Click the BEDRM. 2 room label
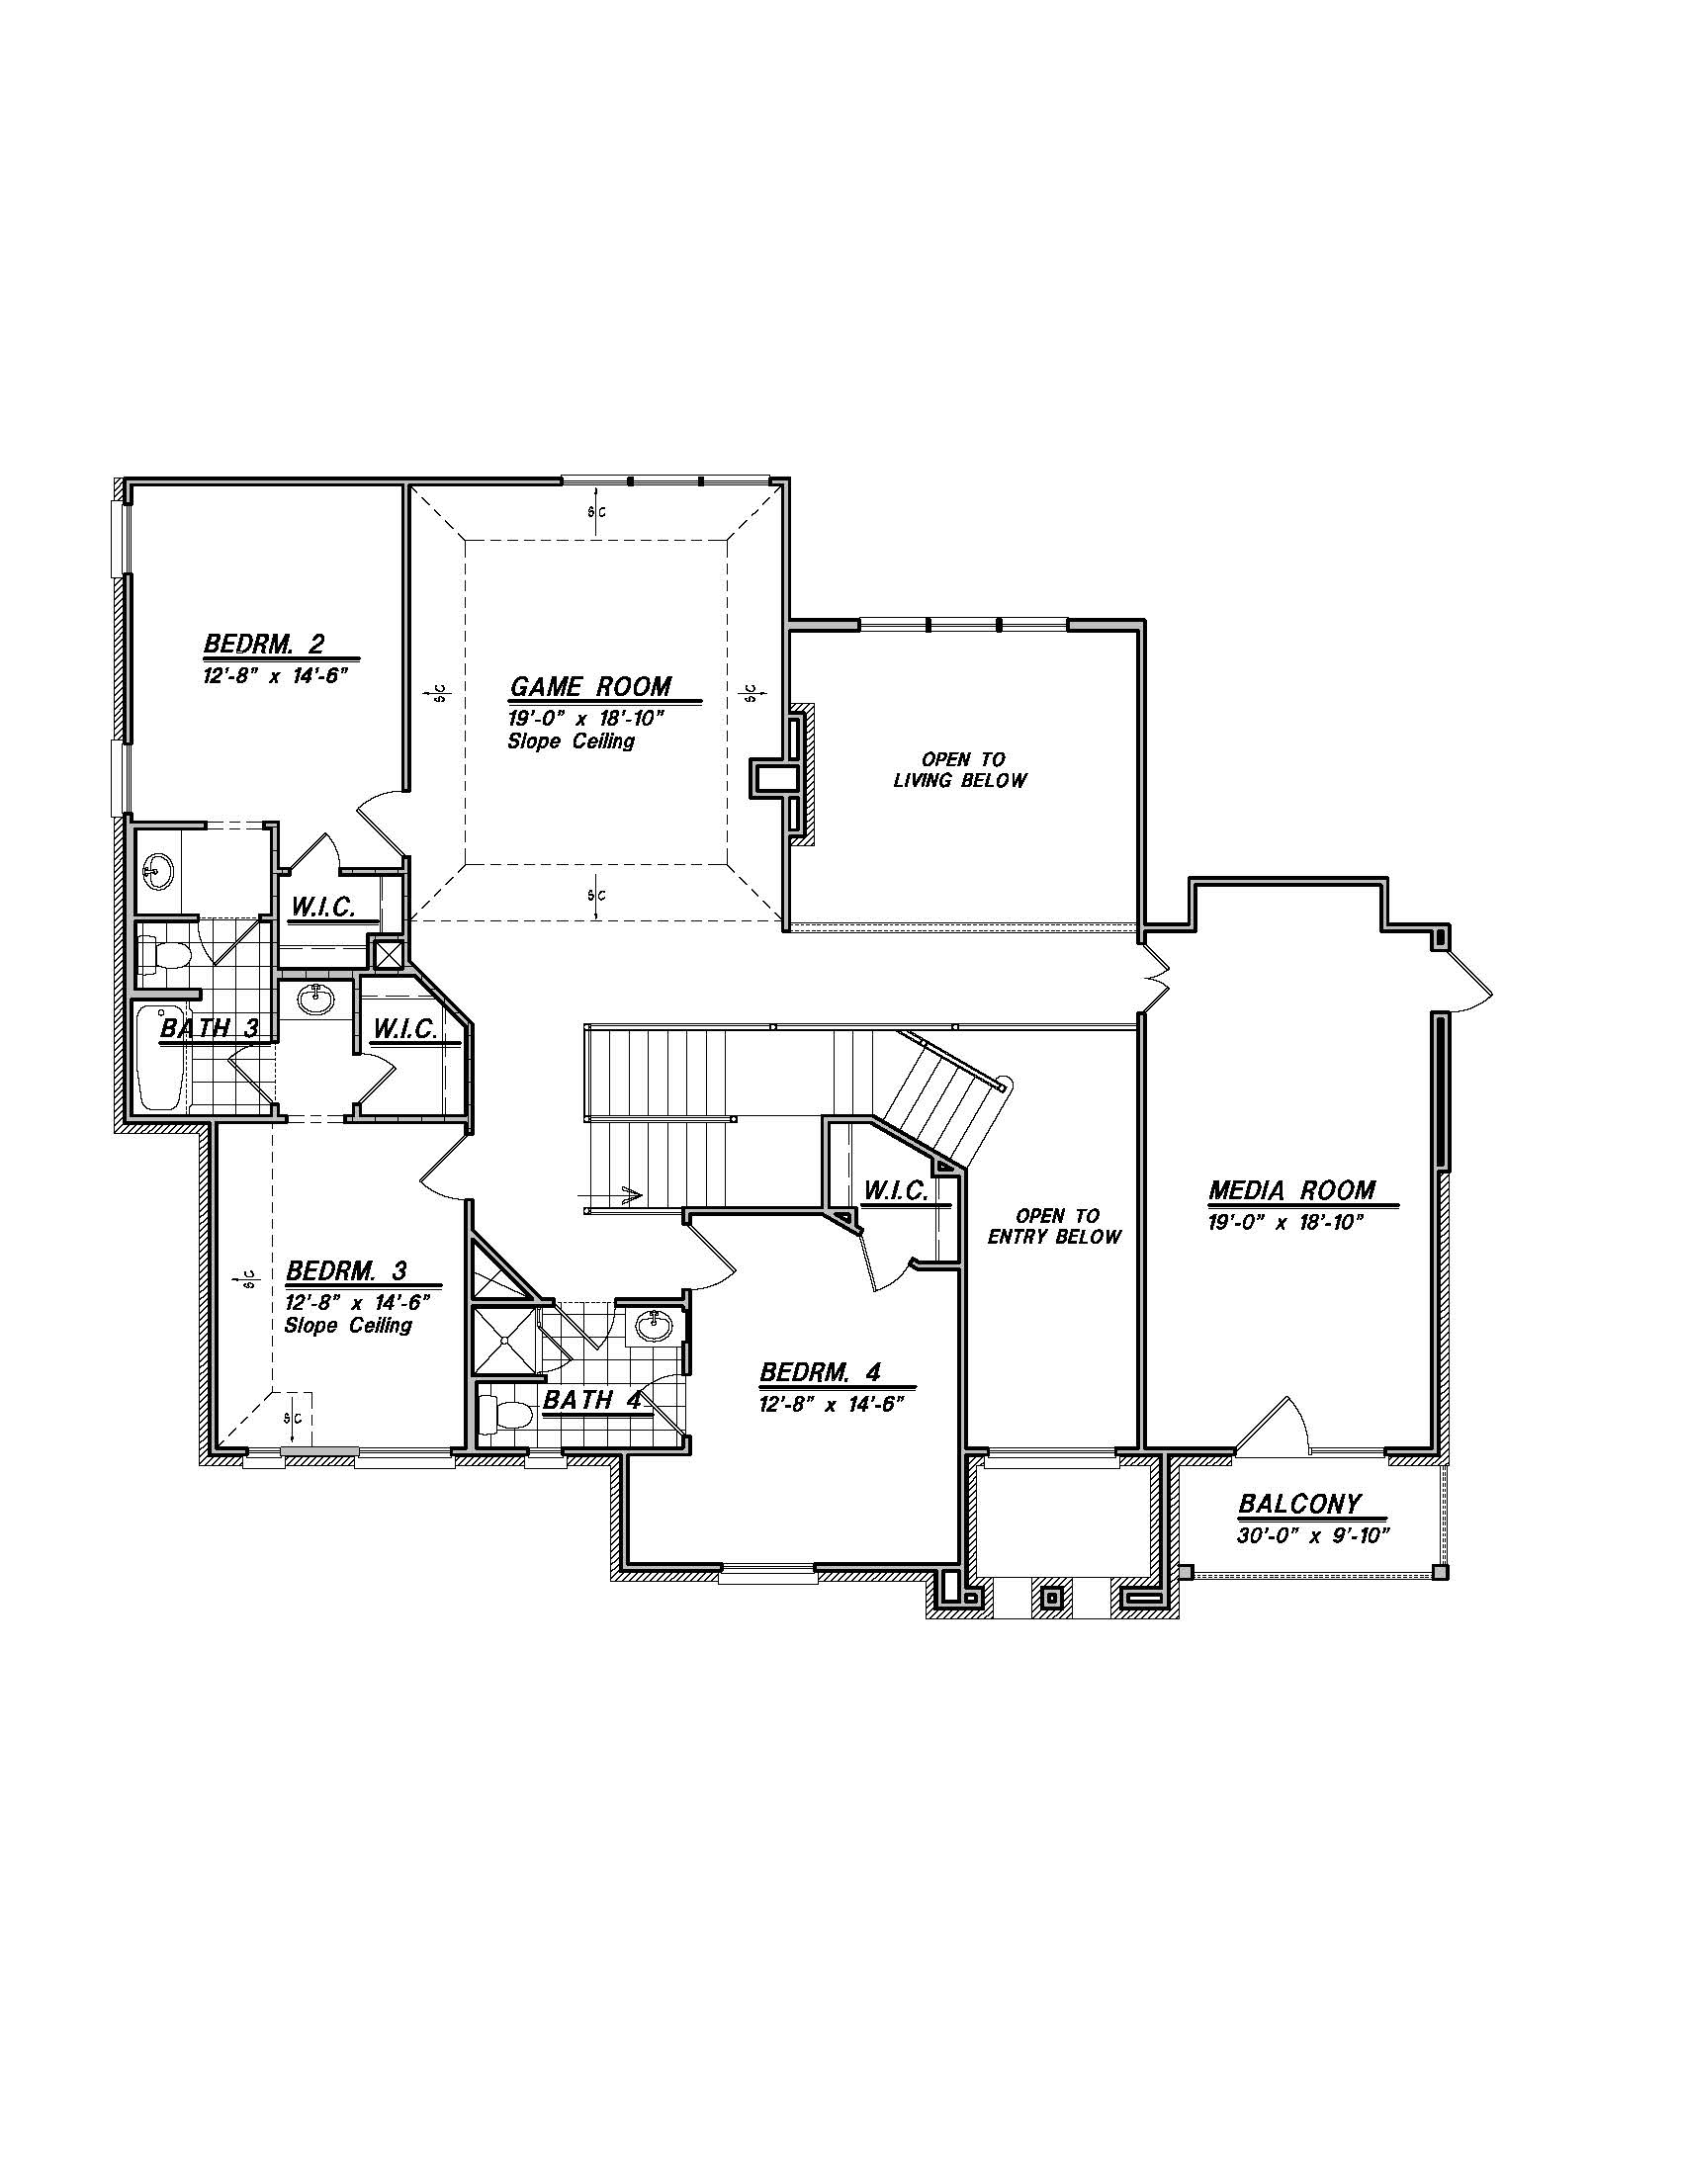[264, 644]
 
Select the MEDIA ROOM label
[1291, 1190]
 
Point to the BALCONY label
[1299, 1504]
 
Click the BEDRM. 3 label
[346, 1270]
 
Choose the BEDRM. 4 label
[821, 1372]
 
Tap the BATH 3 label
[209, 1028]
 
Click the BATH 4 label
[592, 1399]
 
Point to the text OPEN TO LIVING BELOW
[960, 770]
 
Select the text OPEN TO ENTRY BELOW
[1055, 1226]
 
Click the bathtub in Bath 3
[159, 1058]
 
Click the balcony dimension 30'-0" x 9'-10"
[1313, 1535]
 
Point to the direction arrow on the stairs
[612, 1192]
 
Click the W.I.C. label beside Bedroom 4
[896, 1191]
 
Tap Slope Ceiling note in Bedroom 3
[347, 1326]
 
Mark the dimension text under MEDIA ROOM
[1284, 1223]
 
